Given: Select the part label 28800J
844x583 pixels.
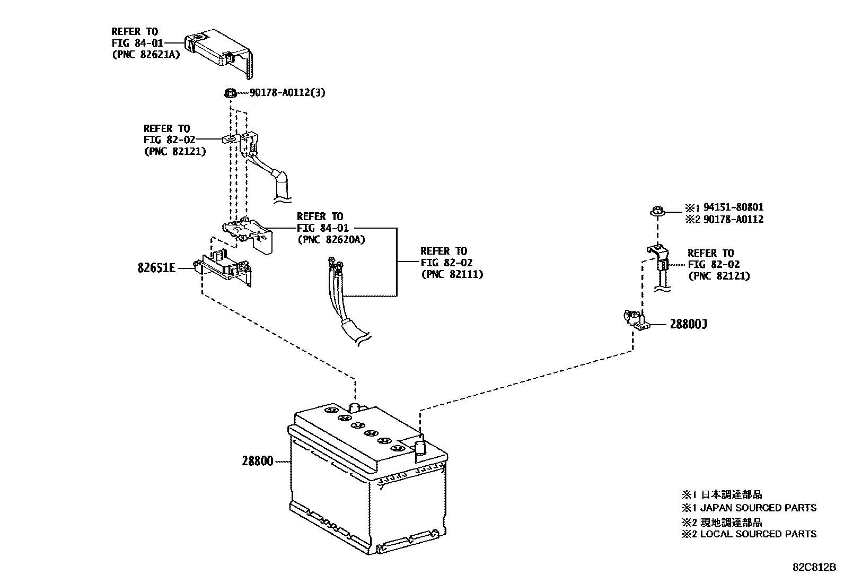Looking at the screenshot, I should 688,324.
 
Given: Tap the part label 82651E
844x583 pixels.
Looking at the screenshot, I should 156,268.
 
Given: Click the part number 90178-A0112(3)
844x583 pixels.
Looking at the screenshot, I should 287,93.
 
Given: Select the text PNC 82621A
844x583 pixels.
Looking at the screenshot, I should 146,54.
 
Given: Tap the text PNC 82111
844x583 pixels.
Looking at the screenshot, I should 452,274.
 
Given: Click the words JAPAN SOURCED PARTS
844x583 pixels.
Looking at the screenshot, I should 759,508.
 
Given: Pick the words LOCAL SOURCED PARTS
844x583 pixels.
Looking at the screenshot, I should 759,534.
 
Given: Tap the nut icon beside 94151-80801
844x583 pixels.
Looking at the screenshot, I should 657,211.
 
